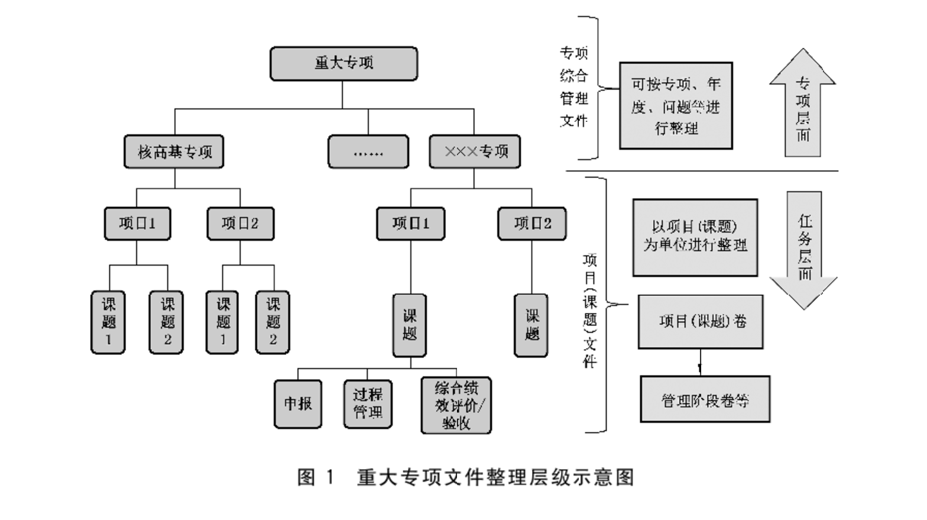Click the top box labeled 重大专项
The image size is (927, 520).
(x=343, y=63)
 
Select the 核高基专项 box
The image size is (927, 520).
(x=174, y=152)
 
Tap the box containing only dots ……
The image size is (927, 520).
(x=368, y=152)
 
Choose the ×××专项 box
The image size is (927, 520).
(x=475, y=152)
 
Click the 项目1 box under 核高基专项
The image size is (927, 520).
(x=137, y=224)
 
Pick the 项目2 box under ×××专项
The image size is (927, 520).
(x=531, y=224)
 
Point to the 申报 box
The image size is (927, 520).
(x=298, y=404)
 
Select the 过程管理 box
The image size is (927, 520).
(x=368, y=404)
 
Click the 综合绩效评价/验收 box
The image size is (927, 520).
(x=456, y=406)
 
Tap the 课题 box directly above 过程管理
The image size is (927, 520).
(x=410, y=325)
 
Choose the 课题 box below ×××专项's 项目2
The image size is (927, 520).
(x=531, y=325)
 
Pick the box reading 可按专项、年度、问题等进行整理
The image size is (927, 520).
(x=676, y=106)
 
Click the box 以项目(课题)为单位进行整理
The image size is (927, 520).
(x=695, y=237)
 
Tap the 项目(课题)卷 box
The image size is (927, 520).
(x=701, y=322)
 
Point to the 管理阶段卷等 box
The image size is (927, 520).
(x=705, y=399)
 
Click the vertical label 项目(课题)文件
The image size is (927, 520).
(x=589, y=311)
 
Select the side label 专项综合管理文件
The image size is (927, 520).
(x=573, y=87)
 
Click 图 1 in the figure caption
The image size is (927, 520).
(x=316, y=477)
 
